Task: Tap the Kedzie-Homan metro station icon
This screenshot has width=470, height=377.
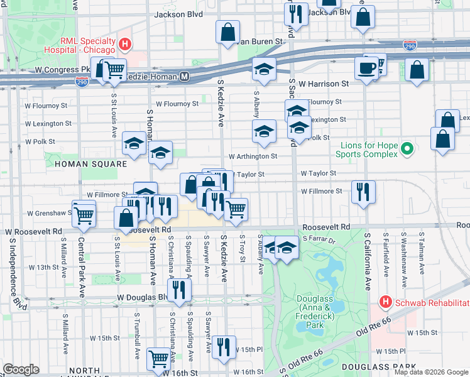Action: (x=184, y=76)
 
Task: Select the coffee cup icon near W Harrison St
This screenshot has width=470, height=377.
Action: (x=366, y=67)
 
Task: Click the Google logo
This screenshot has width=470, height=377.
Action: (x=21, y=369)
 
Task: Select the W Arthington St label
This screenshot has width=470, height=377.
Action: (x=253, y=156)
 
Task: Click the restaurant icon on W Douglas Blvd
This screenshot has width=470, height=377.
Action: (x=180, y=289)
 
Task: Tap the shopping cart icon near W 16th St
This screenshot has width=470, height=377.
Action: (x=158, y=359)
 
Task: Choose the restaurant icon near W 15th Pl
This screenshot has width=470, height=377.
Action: (x=224, y=346)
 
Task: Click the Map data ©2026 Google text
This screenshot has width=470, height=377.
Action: (x=430, y=372)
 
